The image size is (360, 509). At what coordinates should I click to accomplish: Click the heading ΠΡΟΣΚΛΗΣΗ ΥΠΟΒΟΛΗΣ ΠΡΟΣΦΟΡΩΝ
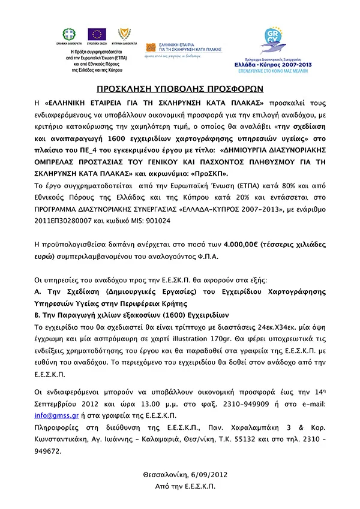179,89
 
